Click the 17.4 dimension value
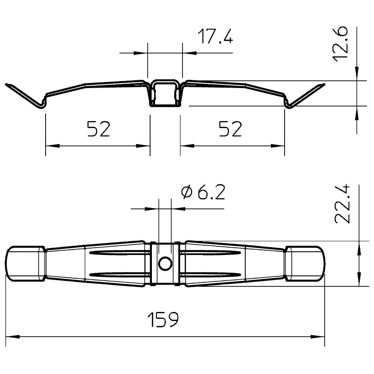(215, 36)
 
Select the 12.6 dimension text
(341, 44)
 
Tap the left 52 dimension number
(99, 129)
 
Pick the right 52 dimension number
(230, 129)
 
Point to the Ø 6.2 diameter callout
(203, 192)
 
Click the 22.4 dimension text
(342, 204)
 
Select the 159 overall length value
(163, 319)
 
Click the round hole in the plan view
(165, 264)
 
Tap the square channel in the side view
(165, 93)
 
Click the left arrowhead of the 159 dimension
(12, 337)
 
